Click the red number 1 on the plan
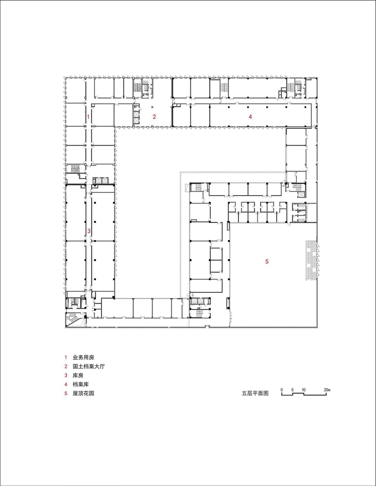pos(88,117)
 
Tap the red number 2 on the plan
pos(154,117)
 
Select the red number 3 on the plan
pos(89,231)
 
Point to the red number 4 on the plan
pos(250,116)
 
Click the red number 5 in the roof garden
pos(267,261)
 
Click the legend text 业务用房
pos(83,357)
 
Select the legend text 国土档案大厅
pos(89,366)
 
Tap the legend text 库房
pos(78,375)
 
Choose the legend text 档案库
pos(81,384)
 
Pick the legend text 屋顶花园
pos(83,393)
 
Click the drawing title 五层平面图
pos(255,393)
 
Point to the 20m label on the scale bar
pos(327,390)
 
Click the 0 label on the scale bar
pos(282,390)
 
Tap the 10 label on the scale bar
pos(304,390)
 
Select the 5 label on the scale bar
pos(292,390)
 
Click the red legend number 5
pos(66,393)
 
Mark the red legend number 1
pos(66,357)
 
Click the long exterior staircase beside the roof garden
pos(311,260)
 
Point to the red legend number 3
pos(66,375)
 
